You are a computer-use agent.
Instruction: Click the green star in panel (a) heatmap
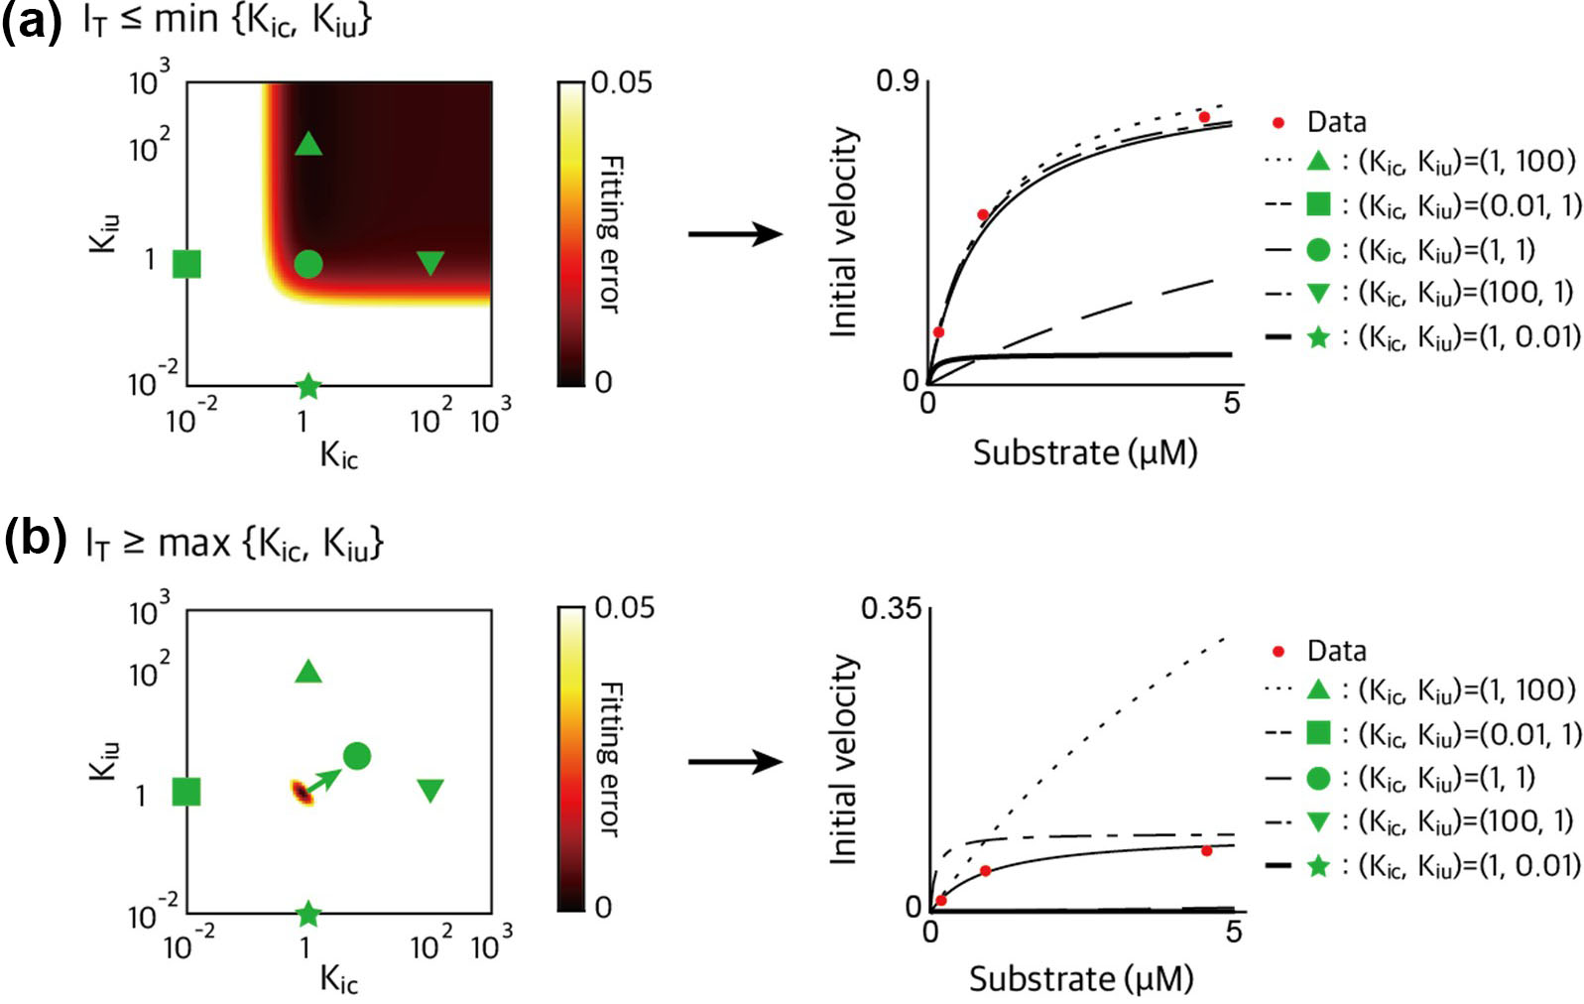[x=308, y=386]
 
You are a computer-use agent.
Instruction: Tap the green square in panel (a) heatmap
[x=186, y=264]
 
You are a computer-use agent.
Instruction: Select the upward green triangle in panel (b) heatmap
[x=308, y=673]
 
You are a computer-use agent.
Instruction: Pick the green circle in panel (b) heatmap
[x=357, y=756]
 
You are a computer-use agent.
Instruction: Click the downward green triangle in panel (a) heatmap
[x=430, y=263]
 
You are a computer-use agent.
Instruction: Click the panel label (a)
[x=32, y=21]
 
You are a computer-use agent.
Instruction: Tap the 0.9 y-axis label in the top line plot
[x=897, y=80]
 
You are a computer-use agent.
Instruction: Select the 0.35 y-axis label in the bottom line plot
[x=891, y=608]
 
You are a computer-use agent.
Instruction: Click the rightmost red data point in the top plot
[x=1204, y=117]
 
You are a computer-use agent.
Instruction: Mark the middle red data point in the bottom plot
[x=985, y=871]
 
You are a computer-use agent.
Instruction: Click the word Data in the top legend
[x=1336, y=122]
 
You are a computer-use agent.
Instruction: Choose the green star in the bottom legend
[x=1318, y=866]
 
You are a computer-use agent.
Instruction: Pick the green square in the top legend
[x=1318, y=204]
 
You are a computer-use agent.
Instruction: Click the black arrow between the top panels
[x=735, y=235]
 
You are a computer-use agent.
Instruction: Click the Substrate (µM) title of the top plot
[x=1085, y=452]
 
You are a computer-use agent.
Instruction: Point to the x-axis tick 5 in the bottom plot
[x=1233, y=932]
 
